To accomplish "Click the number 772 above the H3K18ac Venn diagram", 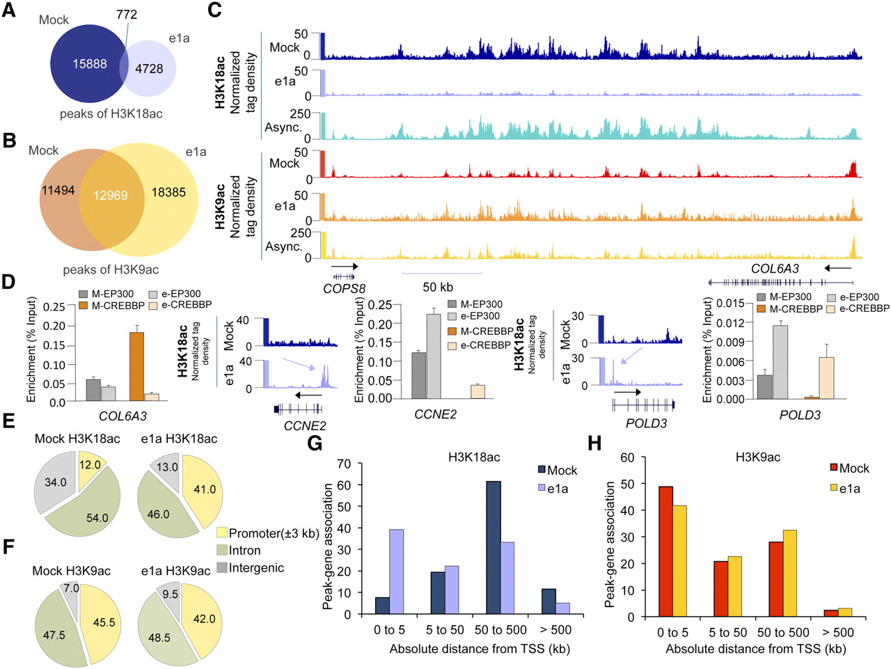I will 127,14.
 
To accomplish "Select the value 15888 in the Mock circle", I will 90,64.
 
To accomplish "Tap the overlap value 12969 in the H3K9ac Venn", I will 111,196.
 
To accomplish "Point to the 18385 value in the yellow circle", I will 169,192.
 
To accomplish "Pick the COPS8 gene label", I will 344,288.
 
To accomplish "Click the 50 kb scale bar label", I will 438,287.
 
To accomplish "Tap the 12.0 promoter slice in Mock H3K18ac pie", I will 90,466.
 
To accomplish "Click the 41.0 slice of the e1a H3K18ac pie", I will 204,489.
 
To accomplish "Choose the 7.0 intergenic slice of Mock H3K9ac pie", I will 72,589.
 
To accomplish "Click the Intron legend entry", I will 244,551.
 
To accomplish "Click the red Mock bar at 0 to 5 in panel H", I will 665,551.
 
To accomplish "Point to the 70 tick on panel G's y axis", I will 343,464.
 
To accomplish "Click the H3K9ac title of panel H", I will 758,457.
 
